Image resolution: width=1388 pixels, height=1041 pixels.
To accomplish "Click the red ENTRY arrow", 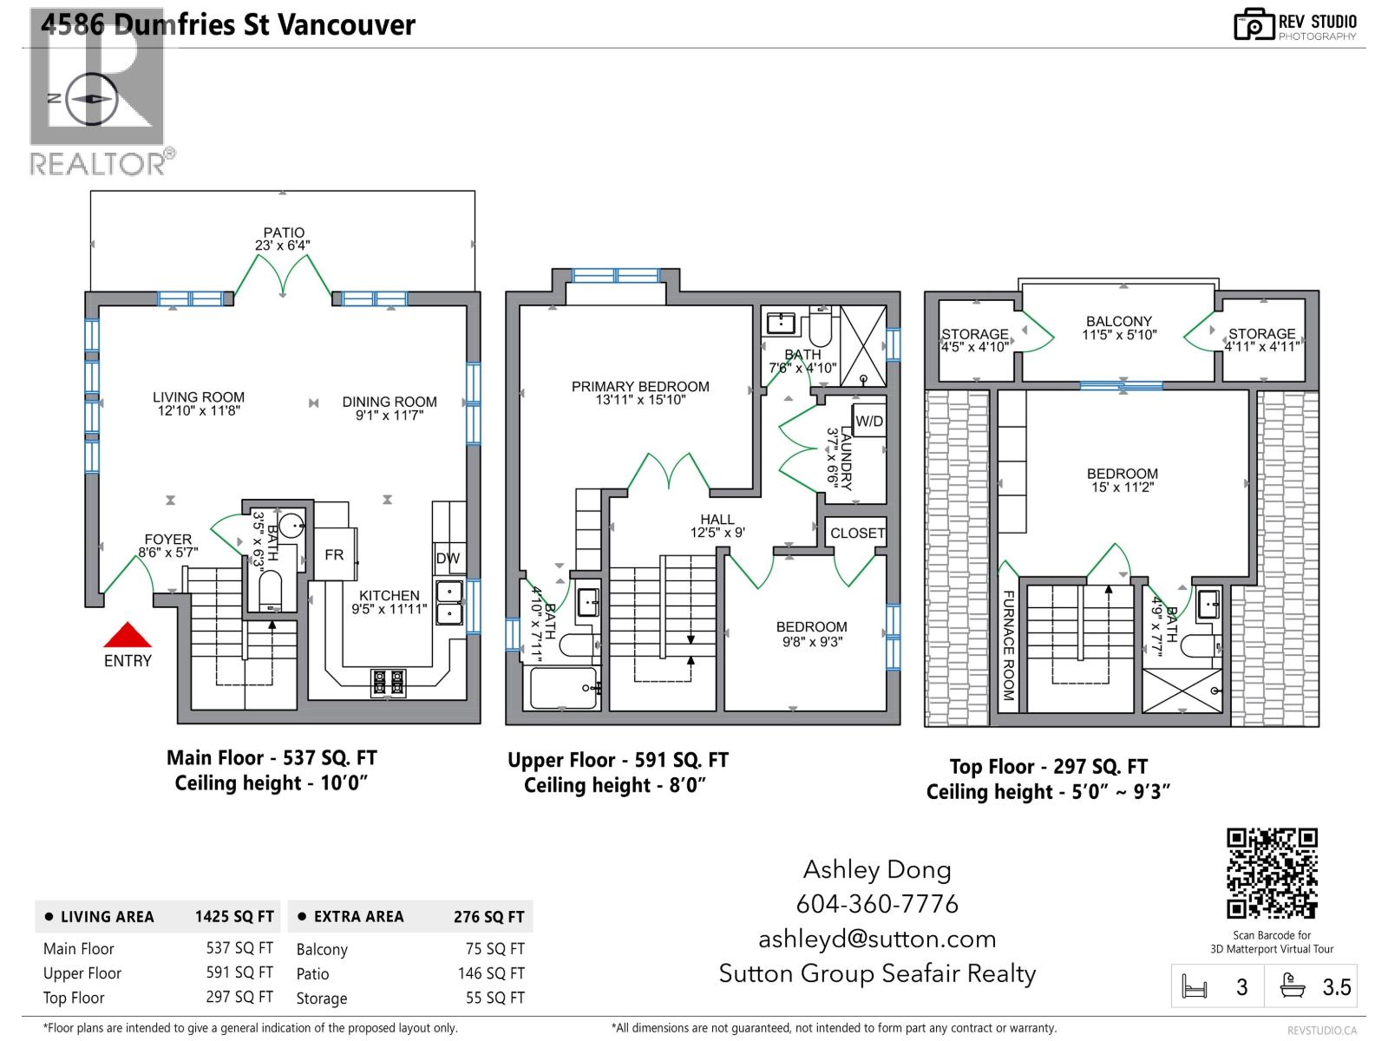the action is [128, 635].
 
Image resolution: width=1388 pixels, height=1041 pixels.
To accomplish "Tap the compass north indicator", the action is [55, 99].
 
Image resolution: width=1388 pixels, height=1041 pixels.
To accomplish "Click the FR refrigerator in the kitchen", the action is [335, 554].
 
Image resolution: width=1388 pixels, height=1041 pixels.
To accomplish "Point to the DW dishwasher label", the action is [448, 558].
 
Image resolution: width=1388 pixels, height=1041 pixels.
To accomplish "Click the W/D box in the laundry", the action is [869, 421].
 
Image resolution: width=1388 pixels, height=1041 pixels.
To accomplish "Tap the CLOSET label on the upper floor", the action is [857, 533].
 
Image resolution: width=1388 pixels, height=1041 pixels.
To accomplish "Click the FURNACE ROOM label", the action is [1008, 645].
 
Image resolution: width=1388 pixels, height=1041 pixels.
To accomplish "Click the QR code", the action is [1272, 874].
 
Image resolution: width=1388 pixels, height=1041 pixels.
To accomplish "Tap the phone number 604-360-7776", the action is [877, 904].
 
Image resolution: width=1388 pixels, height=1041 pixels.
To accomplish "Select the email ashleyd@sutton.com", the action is [877, 939].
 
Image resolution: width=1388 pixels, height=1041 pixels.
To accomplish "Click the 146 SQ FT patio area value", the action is [491, 973].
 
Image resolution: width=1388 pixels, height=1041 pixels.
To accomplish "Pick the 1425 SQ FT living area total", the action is [234, 916].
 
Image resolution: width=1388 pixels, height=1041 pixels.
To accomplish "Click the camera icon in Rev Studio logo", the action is [1253, 24].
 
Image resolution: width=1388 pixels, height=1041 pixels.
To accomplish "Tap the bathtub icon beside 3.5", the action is [1292, 985].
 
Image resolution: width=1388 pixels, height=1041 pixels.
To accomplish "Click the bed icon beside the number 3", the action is [1195, 986].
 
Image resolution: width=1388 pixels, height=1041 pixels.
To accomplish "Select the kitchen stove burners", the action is [388, 683].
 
